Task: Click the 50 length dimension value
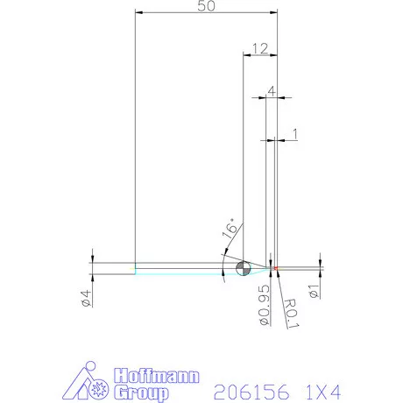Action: pos(206,6)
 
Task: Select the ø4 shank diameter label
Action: pos(86,298)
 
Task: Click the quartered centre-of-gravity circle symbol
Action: pos(243,267)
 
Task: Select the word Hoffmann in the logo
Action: pos(154,376)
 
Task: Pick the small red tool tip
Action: pos(273,267)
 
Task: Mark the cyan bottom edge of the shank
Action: pos(175,273)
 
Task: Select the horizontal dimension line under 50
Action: pos(206,14)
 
